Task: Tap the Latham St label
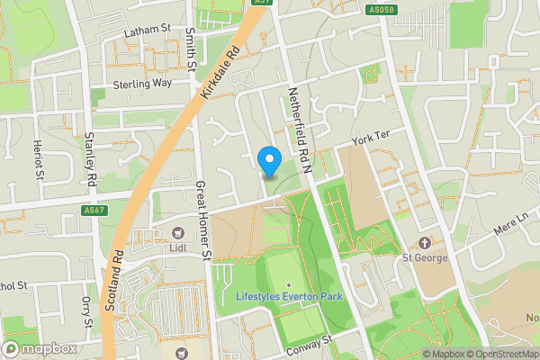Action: [148, 30]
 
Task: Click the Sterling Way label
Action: [142, 83]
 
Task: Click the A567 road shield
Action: [94, 211]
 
